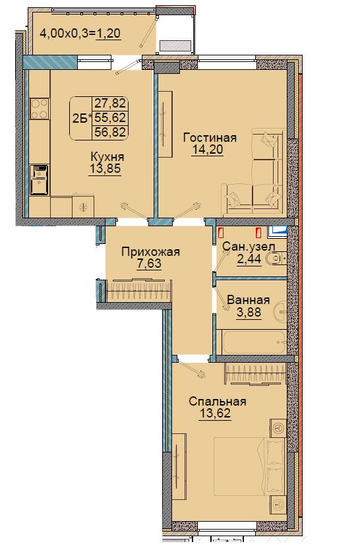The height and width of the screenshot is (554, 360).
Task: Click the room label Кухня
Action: tap(107, 156)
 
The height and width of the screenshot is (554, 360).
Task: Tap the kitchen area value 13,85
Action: tap(105, 169)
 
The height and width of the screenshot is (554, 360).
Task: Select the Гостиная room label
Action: tap(210, 137)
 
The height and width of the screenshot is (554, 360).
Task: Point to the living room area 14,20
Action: tap(208, 150)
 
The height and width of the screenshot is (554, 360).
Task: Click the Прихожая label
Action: tap(150, 252)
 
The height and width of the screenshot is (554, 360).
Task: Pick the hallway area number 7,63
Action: tap(149, 264)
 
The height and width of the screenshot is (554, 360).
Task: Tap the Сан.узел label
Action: tap(249, 247)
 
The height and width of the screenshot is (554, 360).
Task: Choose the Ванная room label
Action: tap(249, 300)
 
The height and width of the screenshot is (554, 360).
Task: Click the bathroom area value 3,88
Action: tap(249, 313)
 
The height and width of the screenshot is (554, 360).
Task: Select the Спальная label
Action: tap(218, 402)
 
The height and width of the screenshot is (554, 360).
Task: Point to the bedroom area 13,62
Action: tap(215, 413)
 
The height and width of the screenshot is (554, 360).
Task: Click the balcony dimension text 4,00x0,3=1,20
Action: tap(80, 33)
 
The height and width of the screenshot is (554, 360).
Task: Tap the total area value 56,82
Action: tap(110, 132)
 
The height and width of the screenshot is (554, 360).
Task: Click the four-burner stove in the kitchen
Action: tap(39, 109)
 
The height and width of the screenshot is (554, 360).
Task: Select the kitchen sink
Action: tap(39, 180)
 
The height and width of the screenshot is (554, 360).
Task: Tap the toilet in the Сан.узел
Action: tap(276, 259)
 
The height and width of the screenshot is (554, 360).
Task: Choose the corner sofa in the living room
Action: tap(255, 173)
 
